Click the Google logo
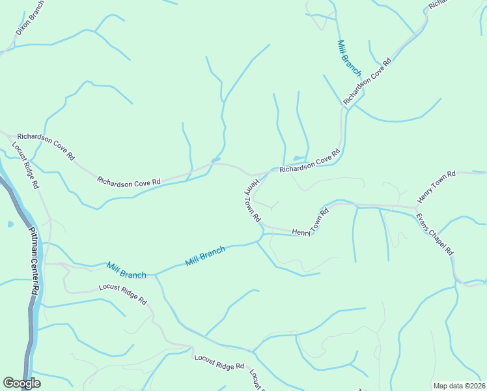(x=21, y=383)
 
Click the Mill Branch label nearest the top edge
(x=349, y=57)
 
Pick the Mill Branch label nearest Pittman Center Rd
(x=127, y=270)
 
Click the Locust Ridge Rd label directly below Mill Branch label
(x=122, y=295)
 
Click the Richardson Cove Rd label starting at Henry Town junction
(x=310, y=162)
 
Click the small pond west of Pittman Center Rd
(x=10, y=224)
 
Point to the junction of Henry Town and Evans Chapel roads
(x=416, y=208)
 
